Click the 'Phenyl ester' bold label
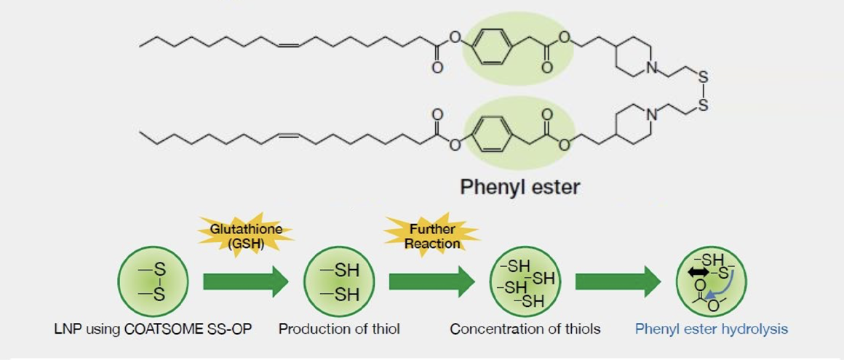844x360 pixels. [x=520, y=187]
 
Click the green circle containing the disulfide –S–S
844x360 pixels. [x=153, y=281]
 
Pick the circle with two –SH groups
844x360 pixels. [x=338, y=281]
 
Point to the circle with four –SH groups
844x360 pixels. [x=525, y=281]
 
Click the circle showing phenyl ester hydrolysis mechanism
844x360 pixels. [x=711, y=281]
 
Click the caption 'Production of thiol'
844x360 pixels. [x=339, y=329]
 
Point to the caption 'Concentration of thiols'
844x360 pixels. [x=525, y=329]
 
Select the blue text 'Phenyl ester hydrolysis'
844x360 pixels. [x=712, y=329]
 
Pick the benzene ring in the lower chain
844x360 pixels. [x=489, y=133]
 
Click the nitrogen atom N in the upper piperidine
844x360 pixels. [x=651, y=69]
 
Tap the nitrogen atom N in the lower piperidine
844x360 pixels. [x=651, y=114]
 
